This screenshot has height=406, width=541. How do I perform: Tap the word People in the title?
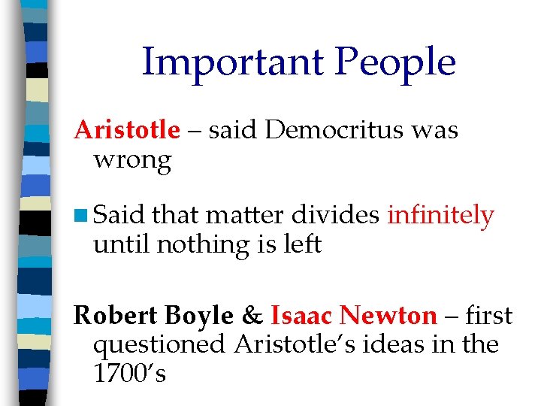click(396, 62)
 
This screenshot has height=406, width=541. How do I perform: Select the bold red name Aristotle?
click(127, 130)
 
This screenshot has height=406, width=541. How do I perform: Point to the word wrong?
click(132, 159)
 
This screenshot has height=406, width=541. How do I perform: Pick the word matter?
click(244, 216)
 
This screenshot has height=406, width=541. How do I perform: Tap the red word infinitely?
click(440, 216)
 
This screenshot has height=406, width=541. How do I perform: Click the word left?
click(303, 244)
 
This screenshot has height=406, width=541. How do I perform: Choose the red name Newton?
click(388, 316)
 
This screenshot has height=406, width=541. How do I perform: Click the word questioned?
click(159, 344)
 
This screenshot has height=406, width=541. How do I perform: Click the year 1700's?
click(129, 373)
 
